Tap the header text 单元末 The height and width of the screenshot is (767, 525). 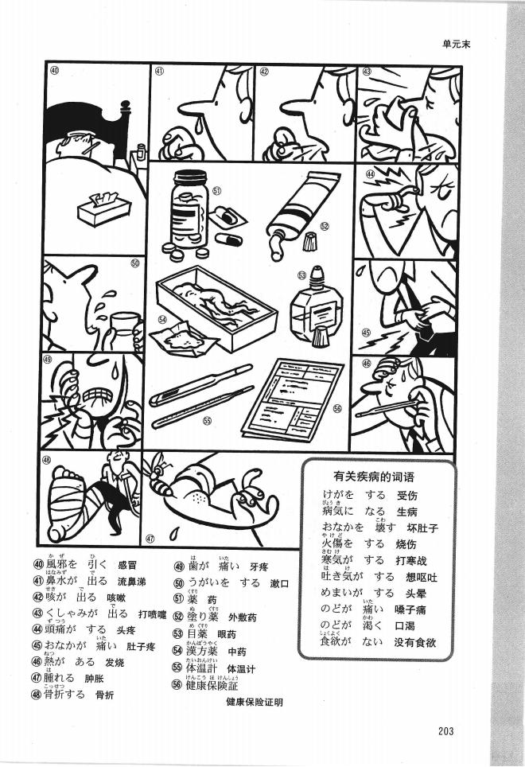point(457,45)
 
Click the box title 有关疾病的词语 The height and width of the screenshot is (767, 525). point(375,476)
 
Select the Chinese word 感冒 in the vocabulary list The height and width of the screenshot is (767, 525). point(128,566)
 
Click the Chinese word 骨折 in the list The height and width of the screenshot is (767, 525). point(104,694)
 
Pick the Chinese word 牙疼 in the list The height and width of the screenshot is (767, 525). point(259,566)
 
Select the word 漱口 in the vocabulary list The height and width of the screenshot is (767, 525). point(278,583)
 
